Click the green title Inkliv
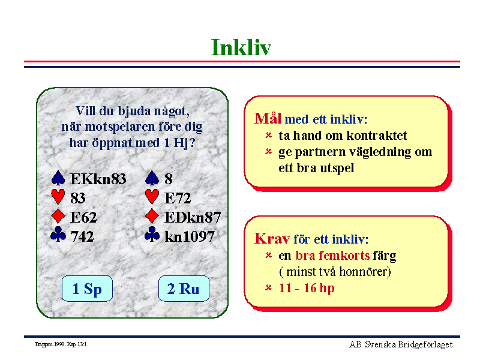click(241, 47)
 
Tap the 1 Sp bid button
click(87, 289)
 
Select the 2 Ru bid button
click(184, 289)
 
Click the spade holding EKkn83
click(98, 179)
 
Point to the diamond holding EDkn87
click(193, 217)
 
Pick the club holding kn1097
click(190, 236)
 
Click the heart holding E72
click(178, 198)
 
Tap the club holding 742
click(82, 236)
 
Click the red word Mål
click(268, 118)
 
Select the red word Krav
click(272, 238)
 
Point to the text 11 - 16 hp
click(307, 288)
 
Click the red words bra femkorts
click(332, 256)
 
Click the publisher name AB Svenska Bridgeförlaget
click(401, 344)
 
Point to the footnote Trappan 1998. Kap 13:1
click(61, 344)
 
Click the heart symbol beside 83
click(58, 196)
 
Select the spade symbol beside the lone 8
click(152, 178)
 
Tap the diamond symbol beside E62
click(58, 216)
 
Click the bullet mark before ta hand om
click(268, 135)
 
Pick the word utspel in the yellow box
click(337, 168)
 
